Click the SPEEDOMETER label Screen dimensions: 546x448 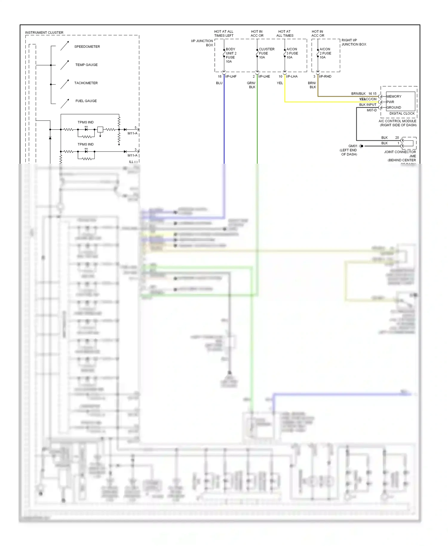click(87, 47)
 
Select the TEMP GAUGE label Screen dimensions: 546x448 click(86, 65)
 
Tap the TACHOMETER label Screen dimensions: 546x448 click(86, 83)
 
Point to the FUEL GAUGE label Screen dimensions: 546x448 click(86, 101)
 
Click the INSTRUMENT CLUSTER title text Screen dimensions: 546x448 click(44, 33)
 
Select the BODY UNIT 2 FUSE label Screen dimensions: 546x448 click(231, 55)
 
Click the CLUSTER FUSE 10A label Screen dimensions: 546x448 click(266, 53)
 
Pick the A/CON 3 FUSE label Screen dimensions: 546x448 click(292, 53)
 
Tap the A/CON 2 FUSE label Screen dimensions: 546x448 click(325, 53)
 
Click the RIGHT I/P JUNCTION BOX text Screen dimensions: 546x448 click(354, 42)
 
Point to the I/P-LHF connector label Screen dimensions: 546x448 click(231, 76)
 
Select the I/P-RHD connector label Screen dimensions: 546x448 click(325, 76)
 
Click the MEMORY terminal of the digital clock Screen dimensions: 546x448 click(394, 96)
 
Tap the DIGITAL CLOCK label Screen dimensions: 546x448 click(402, 114)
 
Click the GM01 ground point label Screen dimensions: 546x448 click(353, 146)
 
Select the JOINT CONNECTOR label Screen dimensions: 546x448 click(400, 152)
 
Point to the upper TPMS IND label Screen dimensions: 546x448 click(85, 122)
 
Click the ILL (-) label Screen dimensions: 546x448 click(133, 162)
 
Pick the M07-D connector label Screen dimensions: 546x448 click(372, 110)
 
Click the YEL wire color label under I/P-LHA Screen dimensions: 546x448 click(280, 83)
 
